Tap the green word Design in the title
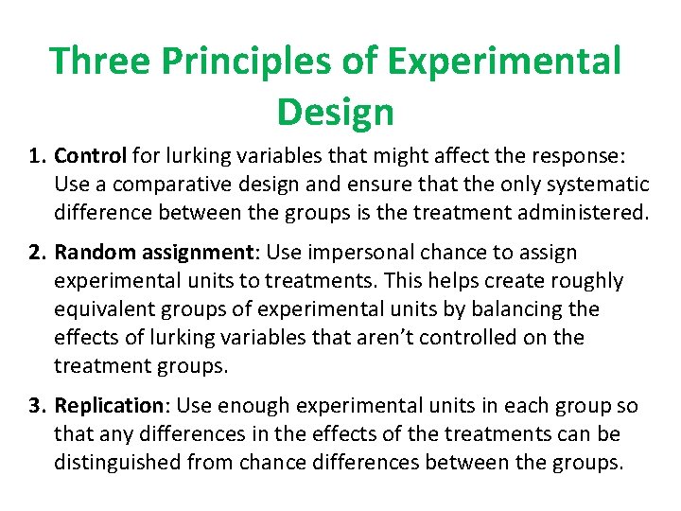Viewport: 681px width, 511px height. pos(335,112)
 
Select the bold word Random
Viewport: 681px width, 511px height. pos(94,253)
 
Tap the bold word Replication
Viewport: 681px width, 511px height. pos(108,406)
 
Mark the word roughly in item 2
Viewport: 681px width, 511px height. pos(589,281)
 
